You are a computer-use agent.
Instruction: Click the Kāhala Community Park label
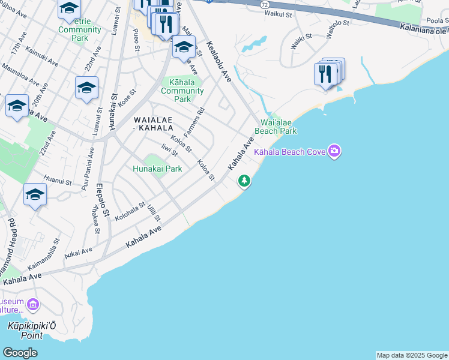click(x=182, y=91)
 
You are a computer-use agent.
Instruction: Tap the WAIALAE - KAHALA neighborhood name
click(x=153, y=124)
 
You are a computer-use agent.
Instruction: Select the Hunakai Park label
click(x=157, y=169)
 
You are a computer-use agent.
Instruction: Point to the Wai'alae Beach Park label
click(x=276, y=126)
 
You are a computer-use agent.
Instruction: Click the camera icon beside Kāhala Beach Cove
click(x=335, y=152)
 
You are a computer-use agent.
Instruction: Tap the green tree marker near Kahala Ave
click(x=244, y=180)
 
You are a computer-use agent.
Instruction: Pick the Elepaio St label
click(x=102, y=197)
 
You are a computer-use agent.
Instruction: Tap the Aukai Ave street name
click(x=79, y=253)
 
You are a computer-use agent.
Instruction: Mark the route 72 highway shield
click(x=265, y=4)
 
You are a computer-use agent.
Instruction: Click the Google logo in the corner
click(x=20, y=352)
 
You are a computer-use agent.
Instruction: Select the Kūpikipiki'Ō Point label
click(x=25, y=331)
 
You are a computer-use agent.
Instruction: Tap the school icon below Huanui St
click(x=35, y=196)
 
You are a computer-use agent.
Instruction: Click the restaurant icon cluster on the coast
click(x=327, y=74)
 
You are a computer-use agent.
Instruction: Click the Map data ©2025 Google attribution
click(x=412, y=355)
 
